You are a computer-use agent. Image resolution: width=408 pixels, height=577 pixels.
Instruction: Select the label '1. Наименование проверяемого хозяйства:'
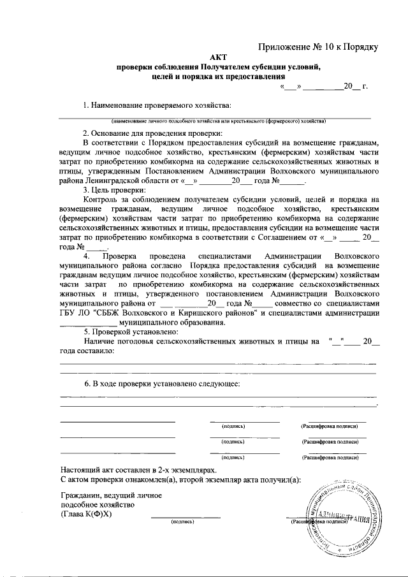[x=157, y=105]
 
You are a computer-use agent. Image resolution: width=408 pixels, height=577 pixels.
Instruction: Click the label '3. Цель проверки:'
[x=114, y=190]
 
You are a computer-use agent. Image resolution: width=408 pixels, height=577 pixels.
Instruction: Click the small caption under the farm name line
[x=219, y=121]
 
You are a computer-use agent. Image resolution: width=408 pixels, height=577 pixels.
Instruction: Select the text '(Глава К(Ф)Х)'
[x=86, y=514]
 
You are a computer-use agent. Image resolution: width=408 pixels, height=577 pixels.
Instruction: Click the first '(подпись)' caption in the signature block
[x=233, y=425]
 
